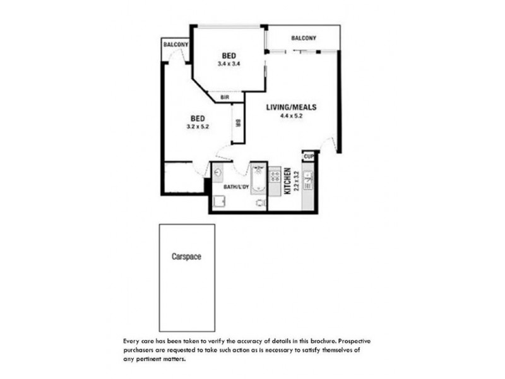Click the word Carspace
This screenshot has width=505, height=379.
[186, 257]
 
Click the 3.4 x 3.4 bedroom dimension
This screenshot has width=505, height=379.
[229, 64]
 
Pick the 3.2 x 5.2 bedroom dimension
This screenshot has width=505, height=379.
[198, 127]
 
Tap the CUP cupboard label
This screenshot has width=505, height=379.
[309, 156]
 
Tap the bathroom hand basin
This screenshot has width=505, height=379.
[218, 172]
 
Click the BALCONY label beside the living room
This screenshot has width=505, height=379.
[304, 39]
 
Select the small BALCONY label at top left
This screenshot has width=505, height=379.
[175, 45]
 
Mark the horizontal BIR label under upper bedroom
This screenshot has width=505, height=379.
[224, 97]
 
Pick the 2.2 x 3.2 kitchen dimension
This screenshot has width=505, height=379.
[295, 181]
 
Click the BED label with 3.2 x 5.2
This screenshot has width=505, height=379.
[198, 118]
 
